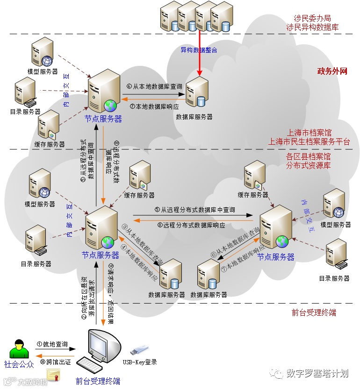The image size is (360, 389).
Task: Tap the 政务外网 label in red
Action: pos(332,71)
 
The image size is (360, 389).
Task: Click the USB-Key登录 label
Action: pos(140,362)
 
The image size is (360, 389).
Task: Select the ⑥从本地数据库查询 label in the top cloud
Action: pos(154,86)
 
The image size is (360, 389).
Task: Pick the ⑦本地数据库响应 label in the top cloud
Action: pos(154,106)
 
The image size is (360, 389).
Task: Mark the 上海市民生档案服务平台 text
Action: pos(308,141)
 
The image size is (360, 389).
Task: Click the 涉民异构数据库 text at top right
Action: pos(312,28)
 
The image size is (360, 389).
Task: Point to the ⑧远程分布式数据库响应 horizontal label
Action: pos(191,225)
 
